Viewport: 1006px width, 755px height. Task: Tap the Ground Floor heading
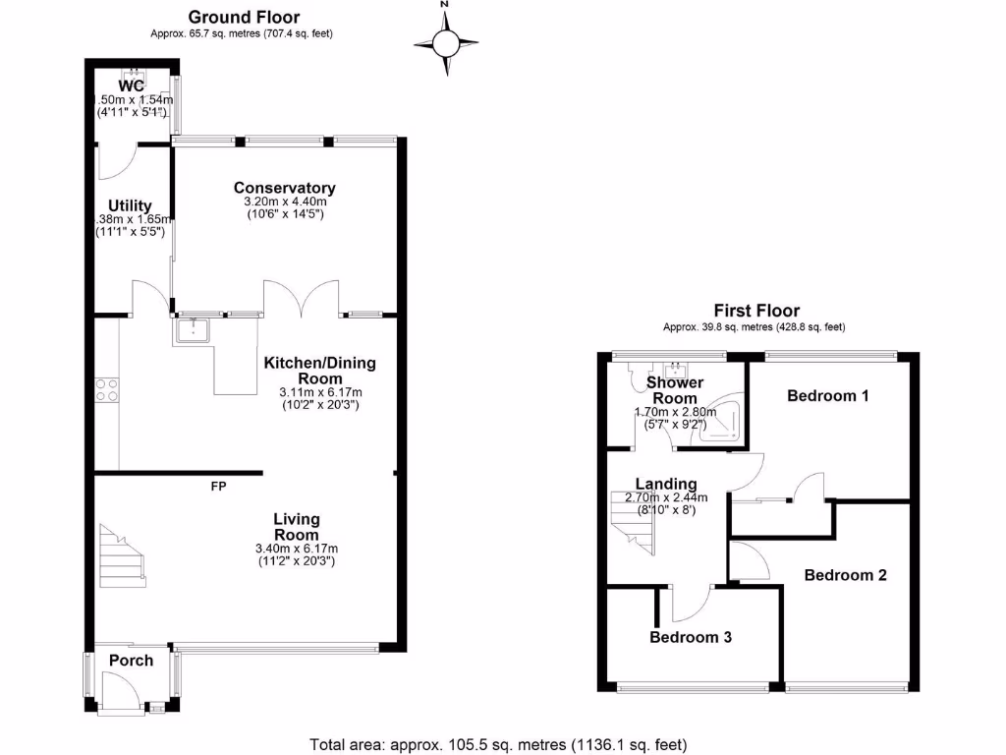[x=244, y=17]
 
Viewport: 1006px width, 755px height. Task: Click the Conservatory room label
[x=284, y=188]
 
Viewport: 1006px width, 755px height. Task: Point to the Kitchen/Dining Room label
[x=319, y=371]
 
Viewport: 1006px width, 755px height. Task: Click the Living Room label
[x=296, y=527]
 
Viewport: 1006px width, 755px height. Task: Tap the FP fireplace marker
[x=218, y=486]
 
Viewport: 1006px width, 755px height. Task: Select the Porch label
[x=131, y=661]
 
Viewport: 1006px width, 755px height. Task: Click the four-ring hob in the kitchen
[x=106, y=389]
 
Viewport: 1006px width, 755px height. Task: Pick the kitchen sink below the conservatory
[x=193, y=331]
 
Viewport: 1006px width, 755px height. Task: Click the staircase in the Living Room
[x=123, y=554]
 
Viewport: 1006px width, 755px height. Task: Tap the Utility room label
[x=130, y=204]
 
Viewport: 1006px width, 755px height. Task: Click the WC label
[x=132, y=87]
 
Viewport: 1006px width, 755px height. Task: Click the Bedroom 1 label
[x=828, y=396]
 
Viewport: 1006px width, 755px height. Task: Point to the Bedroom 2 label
[x=845, y=575]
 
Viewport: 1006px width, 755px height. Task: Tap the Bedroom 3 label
[x=691, y=637]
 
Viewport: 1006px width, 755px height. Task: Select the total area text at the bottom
[x=498, y=743]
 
